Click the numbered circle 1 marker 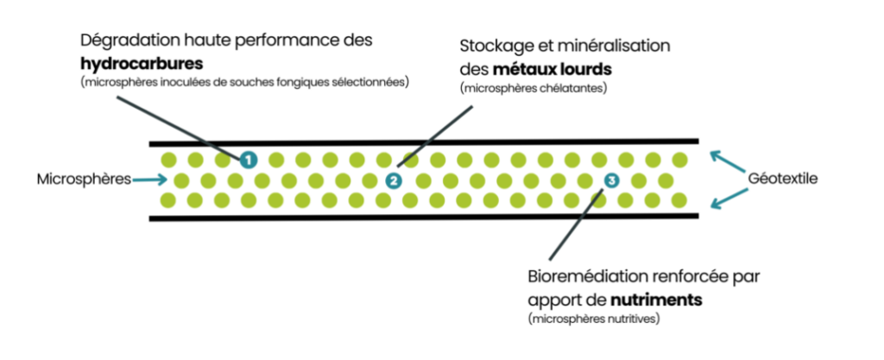pyautogui.click(x=248, y=159)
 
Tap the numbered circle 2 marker pyautogui.click(x=394, y=180)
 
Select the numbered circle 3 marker pyautogui.click(x=611, y=180)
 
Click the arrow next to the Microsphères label pyautogui.click(x=152, y=180)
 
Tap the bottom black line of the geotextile pyautogui.click(x=423, y=217)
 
